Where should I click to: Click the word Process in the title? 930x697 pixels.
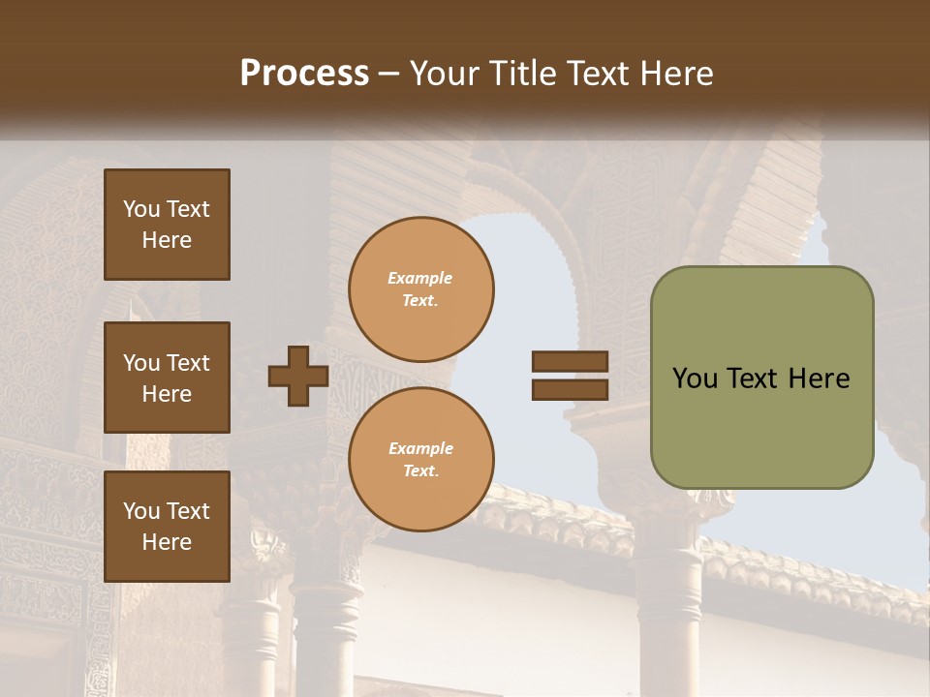[x=304, y=74]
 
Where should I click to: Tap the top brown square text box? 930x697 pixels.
[x=167, y=225]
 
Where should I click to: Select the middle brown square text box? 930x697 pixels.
[x=167, y=378]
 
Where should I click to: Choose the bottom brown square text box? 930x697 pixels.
[x=167, y=527]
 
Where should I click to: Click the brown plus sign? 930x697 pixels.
[x=298, y=377]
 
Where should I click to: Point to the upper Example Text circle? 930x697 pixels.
[x=420, y=289]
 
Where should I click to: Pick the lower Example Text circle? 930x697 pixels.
[x=420, y=460]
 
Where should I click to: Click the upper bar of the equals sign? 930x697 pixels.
[x=571, y=362]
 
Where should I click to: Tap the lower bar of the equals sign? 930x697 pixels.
[x=571, y=390]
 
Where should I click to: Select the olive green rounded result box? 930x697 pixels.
[x=761, y=378]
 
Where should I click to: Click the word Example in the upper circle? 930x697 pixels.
[x=419, y=278]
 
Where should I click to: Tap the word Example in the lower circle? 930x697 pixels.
[x=420, y=448]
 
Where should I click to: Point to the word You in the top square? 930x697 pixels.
[x=141, y=209]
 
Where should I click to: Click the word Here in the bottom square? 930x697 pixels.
[x=167, y=542]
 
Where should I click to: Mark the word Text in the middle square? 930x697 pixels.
[x=189, y=363]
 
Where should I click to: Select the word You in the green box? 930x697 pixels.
[x=695, y=379]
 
